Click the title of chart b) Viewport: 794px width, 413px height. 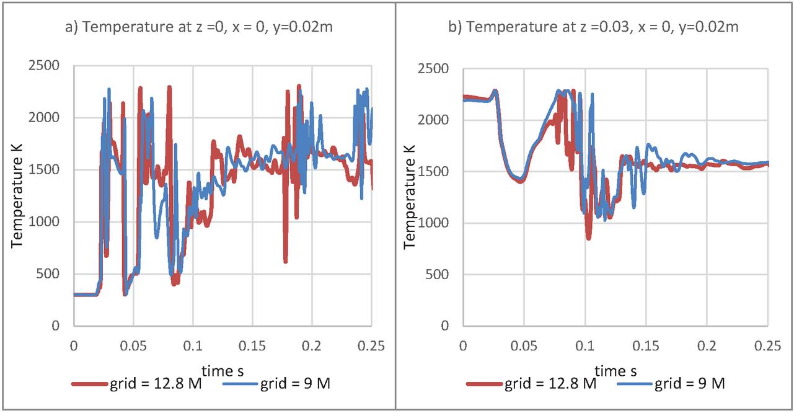click(x=602, y=28)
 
